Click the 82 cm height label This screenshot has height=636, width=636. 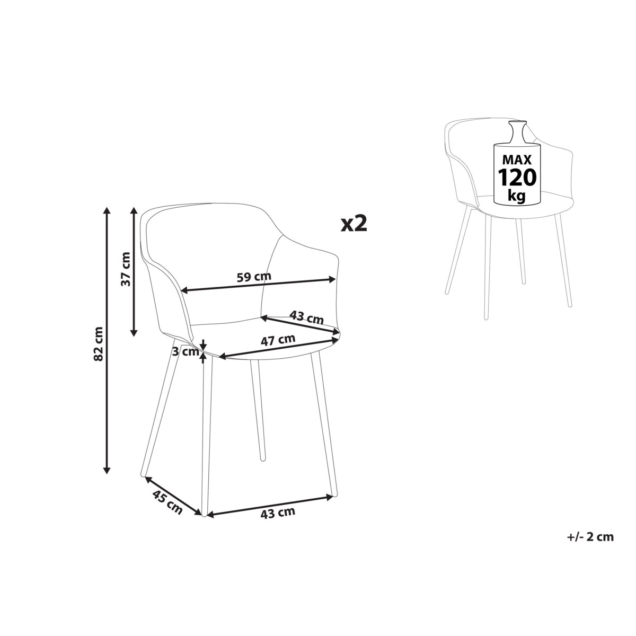(99, 343)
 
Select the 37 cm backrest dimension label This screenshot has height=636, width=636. (126, 269)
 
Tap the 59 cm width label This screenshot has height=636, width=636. (254, 276)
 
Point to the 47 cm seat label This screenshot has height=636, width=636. (278, 340)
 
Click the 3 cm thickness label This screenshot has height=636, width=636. (185, 351)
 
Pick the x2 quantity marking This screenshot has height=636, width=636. (354, 224)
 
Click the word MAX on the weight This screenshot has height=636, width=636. (517, 160)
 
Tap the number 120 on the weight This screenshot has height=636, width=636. (517, 178)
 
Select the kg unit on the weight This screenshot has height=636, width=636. (517, 196)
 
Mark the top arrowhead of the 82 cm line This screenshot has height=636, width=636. (107, 210)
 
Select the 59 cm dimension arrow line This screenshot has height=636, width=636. (259, 285)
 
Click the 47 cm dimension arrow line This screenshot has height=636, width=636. (279, 347)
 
